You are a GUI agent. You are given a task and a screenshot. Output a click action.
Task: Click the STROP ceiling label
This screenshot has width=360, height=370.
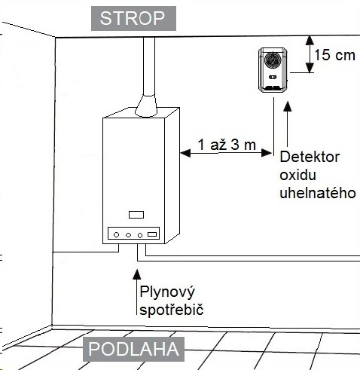tap(133, 18)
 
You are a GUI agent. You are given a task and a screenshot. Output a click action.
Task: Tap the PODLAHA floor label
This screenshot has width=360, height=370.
tap(133, 349)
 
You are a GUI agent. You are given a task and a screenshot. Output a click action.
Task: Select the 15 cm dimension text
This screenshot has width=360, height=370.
tap(334, 55)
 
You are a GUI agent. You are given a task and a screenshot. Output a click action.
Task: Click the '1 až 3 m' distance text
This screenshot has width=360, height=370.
tap(227, 145)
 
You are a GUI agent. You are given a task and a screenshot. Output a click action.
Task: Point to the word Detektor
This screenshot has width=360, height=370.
tap(310, 157)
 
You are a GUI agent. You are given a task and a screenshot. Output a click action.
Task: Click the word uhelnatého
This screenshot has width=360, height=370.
tap(318, 193)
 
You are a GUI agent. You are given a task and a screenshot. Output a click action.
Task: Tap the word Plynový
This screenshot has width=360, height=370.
tap(167, 292)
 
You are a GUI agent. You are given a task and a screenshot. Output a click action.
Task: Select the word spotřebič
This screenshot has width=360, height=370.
tap(172, 310)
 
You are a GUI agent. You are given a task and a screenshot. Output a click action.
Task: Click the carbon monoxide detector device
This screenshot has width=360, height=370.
tap(273, 70)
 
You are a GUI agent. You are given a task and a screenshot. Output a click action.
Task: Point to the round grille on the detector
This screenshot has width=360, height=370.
tap(273, 60)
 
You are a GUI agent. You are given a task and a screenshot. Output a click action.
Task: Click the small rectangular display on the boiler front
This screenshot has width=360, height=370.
tap(136, 215)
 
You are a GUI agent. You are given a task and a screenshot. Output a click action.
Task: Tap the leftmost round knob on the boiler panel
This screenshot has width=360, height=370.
tap(116, 235)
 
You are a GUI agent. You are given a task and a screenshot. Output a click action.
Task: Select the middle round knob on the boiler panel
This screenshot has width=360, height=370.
tap(128, 235)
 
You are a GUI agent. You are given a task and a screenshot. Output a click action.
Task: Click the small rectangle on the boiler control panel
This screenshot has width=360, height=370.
tap(152, 234)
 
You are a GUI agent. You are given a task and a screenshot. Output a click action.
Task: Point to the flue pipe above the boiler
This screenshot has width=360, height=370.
tap(149, 66)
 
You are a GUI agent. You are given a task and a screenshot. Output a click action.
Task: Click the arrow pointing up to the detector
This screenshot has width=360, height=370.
tap(288, 124)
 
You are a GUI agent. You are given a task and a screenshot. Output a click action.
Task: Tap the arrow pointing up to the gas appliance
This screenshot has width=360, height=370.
tap(137, 292)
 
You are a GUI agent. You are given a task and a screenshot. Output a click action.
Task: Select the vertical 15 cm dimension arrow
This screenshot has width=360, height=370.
tap(310, 54)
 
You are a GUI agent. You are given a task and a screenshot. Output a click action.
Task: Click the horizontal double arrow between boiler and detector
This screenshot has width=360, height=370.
tap(226, 153)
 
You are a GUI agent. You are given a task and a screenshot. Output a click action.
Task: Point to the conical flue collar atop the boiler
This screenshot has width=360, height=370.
tap(146, 105)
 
